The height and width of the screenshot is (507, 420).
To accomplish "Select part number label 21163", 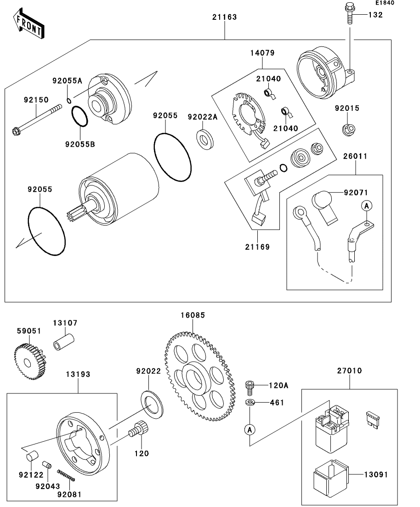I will [x=224, y=17].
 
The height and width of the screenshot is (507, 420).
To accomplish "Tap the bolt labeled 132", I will [x=349, y=14].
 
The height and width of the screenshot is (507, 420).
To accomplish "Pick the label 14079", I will [x=262, y=53].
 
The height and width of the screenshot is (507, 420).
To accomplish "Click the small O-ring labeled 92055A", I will [x=68, y=101].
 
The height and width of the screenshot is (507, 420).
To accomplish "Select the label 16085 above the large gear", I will [x=193, y=315].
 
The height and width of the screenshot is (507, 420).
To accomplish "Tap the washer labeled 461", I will [x=250, y=403].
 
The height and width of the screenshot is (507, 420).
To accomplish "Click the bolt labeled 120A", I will [x=250, y=387].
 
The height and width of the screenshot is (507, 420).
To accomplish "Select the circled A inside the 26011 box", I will [x=367, y=206].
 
